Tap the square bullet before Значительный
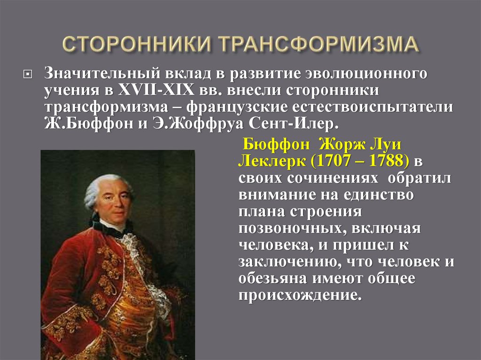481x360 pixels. pos(27,74)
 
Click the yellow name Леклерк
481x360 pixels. pos(271,161)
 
